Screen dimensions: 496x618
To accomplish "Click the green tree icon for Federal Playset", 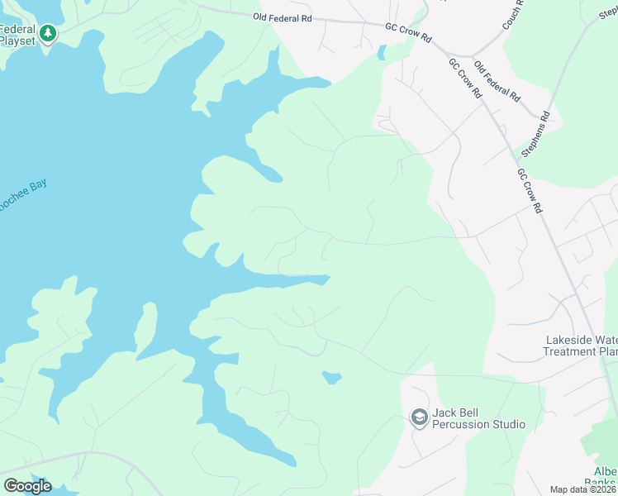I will [x=48, y=33].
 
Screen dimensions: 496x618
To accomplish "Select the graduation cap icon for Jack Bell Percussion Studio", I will [x=419, y=417].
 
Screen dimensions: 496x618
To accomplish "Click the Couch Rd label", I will [x=513, y=15].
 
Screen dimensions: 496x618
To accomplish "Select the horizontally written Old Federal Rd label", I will [x=284, y=16].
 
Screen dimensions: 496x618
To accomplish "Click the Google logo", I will [x=27, y=486].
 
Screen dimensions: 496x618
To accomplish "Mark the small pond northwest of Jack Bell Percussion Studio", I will [x=331, y=378].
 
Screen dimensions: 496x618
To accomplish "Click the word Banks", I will [x=601, y=483].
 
